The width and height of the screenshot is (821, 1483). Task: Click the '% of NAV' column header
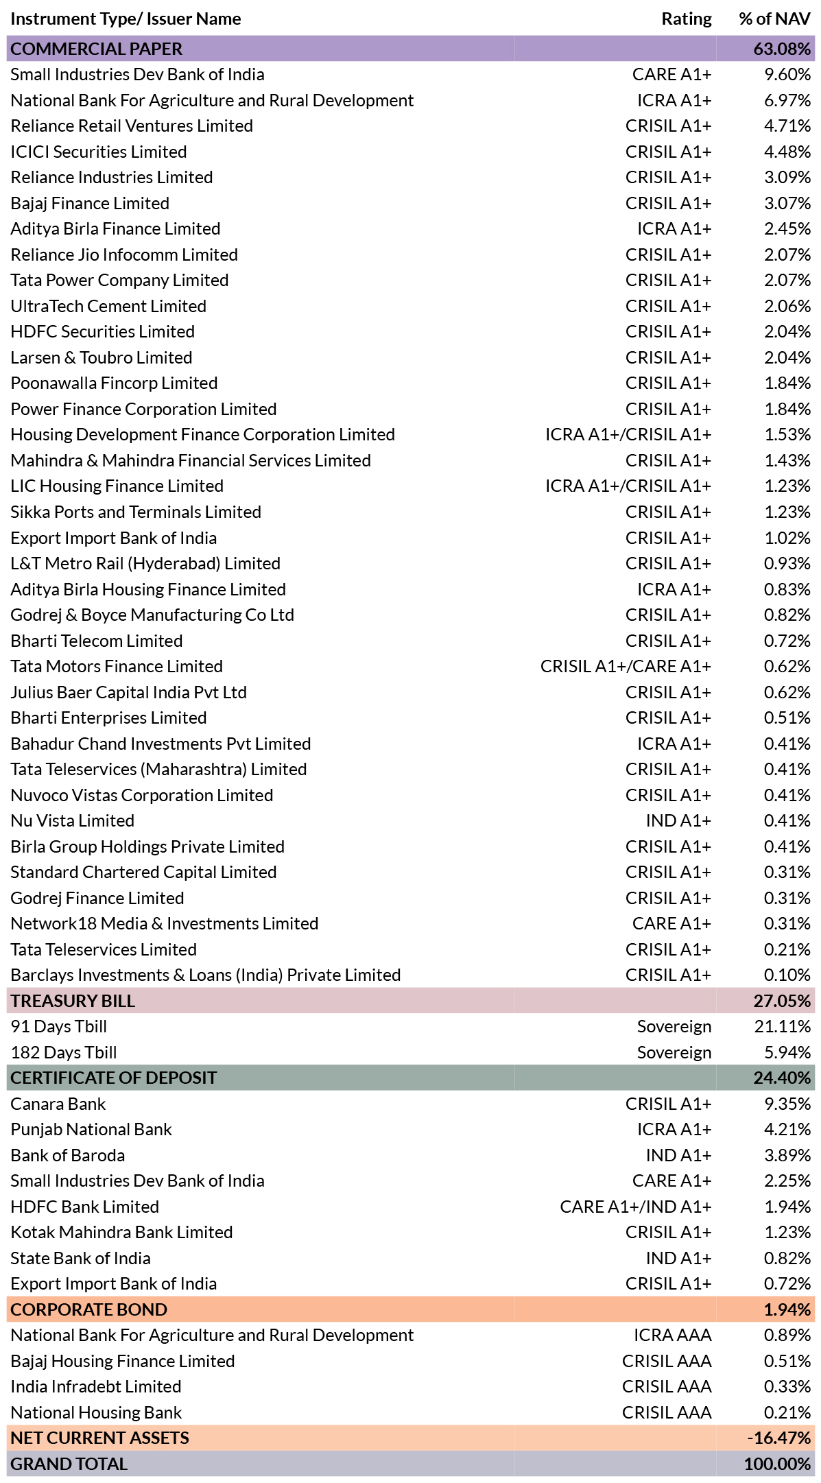coord(774,19)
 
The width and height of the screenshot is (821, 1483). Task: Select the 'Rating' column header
coord(687,19)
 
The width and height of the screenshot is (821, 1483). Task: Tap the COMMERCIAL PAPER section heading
coord(97,49)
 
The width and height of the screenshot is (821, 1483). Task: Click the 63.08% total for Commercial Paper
coord(782,49)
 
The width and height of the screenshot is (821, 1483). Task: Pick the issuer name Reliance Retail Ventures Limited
coord(132,126)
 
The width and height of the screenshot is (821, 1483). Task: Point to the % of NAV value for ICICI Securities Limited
coord(787,152)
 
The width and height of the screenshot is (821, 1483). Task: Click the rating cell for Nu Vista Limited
coord(678,820)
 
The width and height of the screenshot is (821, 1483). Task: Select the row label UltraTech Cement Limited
coord(108,306)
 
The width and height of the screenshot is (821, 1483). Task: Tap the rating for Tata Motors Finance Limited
coord(626,666)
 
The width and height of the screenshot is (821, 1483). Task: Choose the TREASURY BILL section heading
coord(73,1001)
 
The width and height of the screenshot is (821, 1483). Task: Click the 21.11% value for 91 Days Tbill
coord(783,1026)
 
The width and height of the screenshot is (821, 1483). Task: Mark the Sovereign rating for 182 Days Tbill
coord(674,1052)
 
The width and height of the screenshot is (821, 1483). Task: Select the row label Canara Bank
coord(58,1104)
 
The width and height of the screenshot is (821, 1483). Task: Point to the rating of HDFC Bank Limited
coord(636,1207)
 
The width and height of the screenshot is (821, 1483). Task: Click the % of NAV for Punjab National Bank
coord(787,1129)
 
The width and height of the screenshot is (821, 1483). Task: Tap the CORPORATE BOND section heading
coord(89,1309)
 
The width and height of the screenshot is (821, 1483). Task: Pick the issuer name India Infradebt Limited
coord(96,1386)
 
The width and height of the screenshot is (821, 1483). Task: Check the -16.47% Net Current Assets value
coord(779,1438)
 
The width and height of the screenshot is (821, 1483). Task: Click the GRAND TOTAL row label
coord(69,1464)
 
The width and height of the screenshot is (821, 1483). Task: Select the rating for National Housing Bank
coord(667,1412)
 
